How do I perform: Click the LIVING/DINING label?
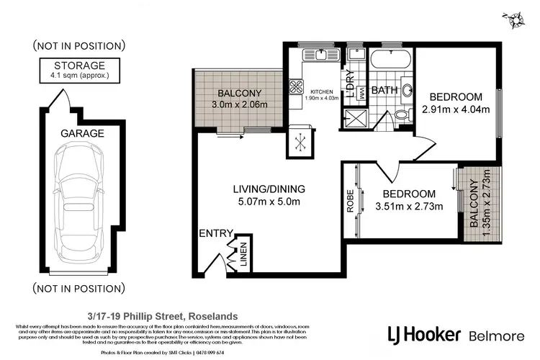coord(269,189)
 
